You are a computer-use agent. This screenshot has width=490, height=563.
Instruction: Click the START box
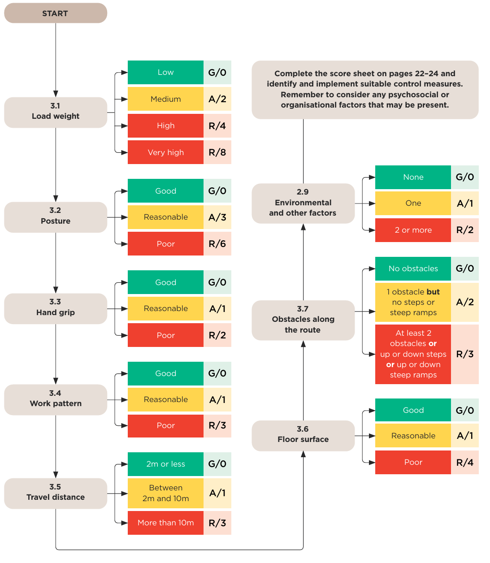55,13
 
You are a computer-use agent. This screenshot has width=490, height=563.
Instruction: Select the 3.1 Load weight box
55,112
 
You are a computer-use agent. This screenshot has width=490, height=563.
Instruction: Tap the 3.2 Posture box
55,217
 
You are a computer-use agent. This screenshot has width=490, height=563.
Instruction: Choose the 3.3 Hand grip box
55,308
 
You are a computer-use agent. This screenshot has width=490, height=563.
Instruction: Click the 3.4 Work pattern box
55,399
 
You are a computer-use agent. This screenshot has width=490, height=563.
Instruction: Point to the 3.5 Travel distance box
55,494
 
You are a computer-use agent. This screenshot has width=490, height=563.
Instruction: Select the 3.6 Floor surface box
303,436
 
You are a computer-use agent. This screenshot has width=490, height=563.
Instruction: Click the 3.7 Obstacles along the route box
303,320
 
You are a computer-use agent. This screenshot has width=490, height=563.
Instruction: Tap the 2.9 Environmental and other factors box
303,204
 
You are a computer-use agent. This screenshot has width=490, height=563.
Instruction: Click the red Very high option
165,152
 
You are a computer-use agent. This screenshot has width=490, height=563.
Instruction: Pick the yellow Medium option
165,99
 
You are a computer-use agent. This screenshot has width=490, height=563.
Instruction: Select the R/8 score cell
217,152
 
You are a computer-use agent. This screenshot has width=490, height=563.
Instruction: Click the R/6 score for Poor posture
217,243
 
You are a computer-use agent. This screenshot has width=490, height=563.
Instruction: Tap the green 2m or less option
165,464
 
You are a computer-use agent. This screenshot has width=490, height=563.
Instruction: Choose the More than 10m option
165,523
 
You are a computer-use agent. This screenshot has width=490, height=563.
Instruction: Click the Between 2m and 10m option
165,493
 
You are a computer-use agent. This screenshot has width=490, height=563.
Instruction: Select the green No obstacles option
413,269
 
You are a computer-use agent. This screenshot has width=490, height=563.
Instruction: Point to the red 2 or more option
413,230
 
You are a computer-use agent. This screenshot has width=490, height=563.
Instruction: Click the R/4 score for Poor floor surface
465,462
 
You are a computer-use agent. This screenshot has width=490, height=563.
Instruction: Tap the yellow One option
413,203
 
